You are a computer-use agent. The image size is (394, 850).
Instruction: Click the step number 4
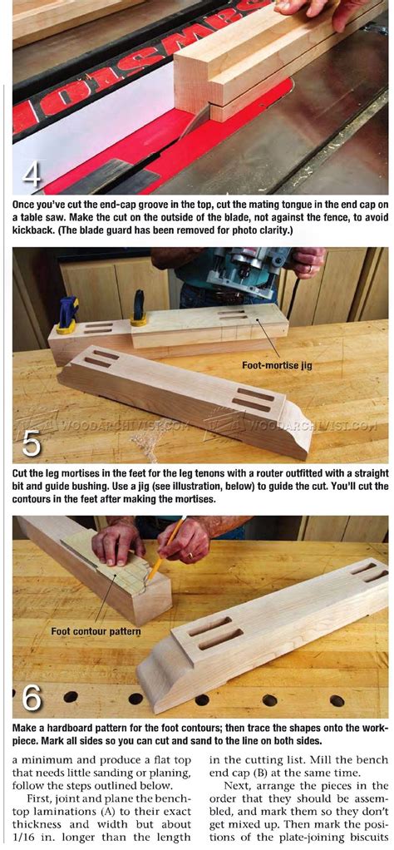32,175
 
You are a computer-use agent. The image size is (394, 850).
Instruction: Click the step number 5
32,444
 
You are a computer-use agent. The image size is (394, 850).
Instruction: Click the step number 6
32,697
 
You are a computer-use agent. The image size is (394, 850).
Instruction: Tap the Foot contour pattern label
96,631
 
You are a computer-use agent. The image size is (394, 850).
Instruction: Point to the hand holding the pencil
185,541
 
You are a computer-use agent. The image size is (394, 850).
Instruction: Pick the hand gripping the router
307,261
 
